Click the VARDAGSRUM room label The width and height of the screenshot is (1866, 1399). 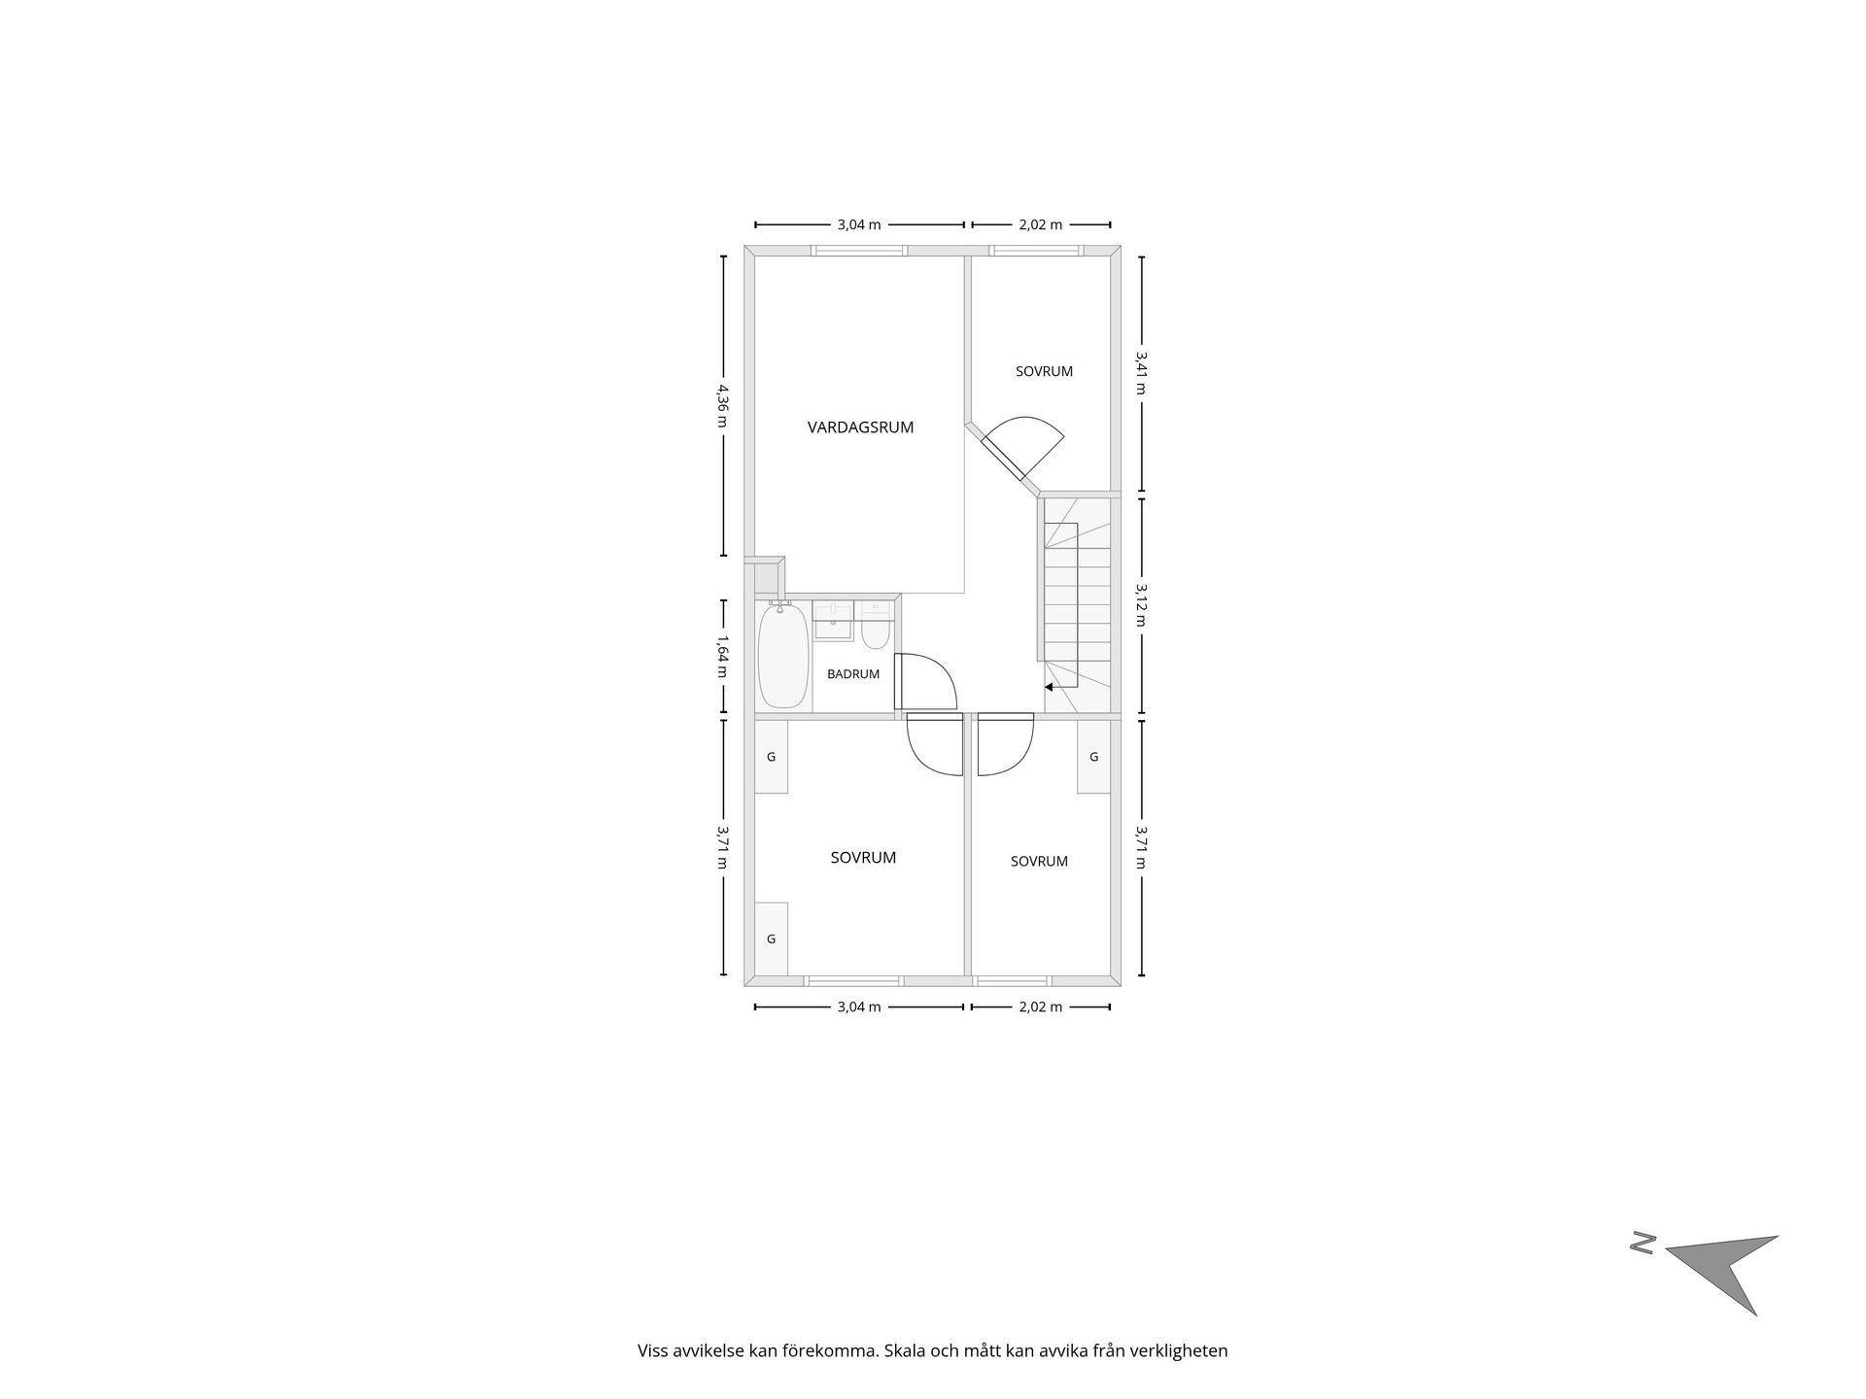point(860,427)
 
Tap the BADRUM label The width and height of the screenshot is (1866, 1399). point(853,674)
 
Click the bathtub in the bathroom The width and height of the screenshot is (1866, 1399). point(782,656)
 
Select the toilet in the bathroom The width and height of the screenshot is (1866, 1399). point(875,628)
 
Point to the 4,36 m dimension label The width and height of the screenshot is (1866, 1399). point(723,406)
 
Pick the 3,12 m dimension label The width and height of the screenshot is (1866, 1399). point(1141,604)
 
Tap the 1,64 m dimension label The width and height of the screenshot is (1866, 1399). point(723,657)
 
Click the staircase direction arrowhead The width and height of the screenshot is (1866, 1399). point(1050,687)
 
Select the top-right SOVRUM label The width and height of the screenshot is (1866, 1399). point(1044,371)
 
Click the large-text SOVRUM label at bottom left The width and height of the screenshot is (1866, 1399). point(863,858)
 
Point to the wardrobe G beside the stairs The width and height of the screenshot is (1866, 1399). point(1093,757)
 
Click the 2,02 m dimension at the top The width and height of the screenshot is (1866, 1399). point(1040,224)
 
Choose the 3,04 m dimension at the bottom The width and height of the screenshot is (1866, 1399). point(859,1007)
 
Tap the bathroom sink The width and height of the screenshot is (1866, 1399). point(833,622)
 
